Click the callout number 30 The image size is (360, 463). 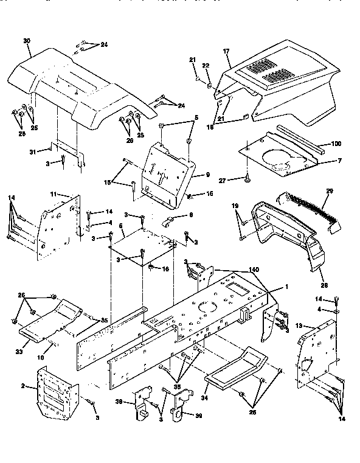point(26,41)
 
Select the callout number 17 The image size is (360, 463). point(227,52)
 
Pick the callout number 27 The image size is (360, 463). point(239,180)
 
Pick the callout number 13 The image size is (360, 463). point(298,325)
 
